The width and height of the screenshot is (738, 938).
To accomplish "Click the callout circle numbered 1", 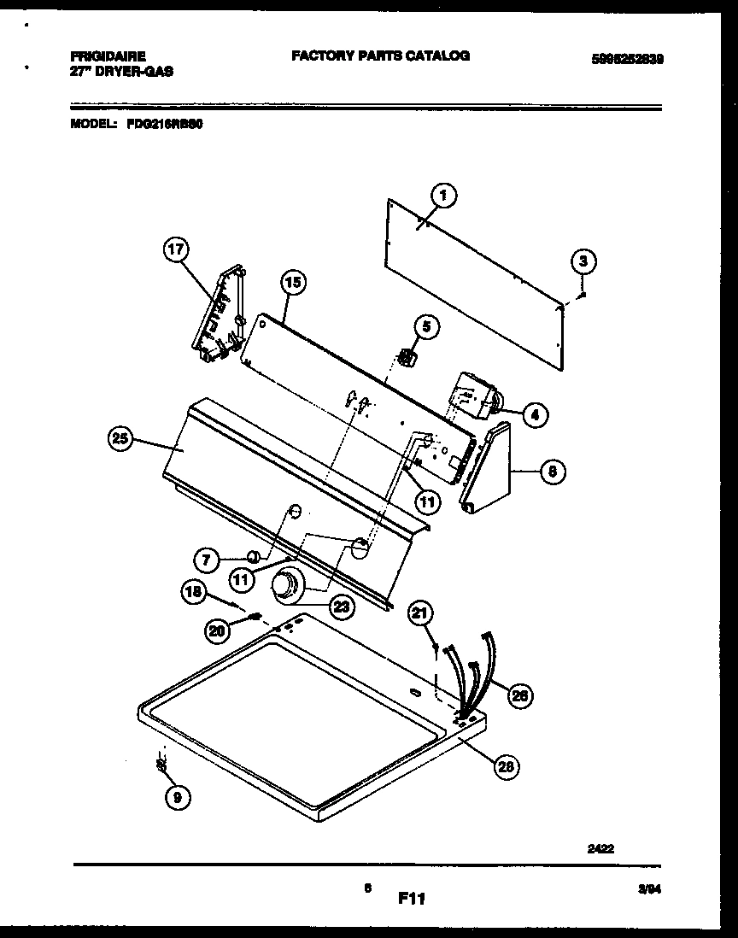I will click(x=443, y=196).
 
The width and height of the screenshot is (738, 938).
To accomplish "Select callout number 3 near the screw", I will click(x=583, y=261).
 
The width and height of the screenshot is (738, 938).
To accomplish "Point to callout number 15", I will click(x=292, y=283).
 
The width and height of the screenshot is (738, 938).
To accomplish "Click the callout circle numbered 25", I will click(x=122, y=440).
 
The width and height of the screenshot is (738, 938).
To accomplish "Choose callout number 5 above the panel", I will click(x=427, y=325).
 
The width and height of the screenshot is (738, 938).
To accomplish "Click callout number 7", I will click(x=205, y=560).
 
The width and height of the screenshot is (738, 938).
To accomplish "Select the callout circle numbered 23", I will click(x=341, y=607).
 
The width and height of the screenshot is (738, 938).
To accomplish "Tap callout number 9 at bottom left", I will click(x=178, y=798).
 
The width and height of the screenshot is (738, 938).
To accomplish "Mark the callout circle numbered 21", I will click(x=420, y=612).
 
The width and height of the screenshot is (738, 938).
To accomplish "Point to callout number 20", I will click(x=217, y=630).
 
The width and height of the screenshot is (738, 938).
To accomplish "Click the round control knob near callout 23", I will click(x=284, y=587).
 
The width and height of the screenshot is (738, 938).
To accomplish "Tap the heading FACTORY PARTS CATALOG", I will click(x=380, y=56).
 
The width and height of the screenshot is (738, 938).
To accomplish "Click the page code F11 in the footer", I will click(x=411, y=899).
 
